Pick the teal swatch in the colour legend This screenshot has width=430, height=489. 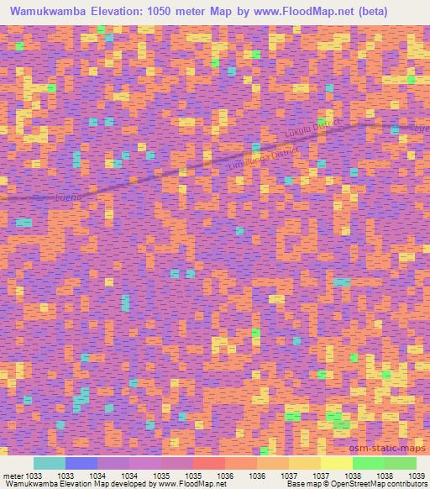pyautogui.click(x=49, y=463)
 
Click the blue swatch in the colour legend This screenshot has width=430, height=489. pyautogui.click(x=81, y=463)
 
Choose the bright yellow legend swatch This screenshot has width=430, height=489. pyautogui.click(x=336, y=463)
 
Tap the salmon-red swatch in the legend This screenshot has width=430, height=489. pyautogui.click(x=209, y=463)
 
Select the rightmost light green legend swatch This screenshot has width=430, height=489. pyautogui.click(x=400, y=463)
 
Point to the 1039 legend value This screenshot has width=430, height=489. pyautogui.click(x=417, y=475)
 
